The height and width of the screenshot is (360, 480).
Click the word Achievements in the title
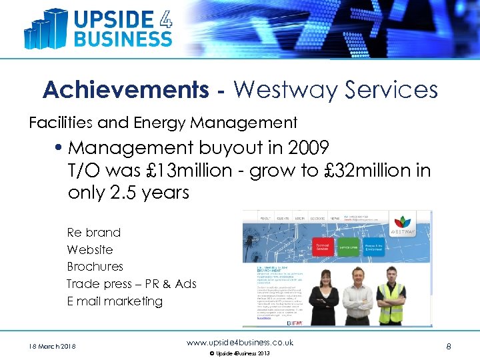tap(125, 89)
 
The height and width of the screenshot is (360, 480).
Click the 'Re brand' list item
tap(94, 233)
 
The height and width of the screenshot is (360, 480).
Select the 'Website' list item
tap(90, 250)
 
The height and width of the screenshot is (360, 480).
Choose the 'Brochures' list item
tap(95, 267)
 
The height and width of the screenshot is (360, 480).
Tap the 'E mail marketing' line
tap(115, 301)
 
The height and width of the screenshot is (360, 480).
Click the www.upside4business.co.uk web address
tap(240, 343)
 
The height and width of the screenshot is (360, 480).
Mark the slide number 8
tap(449, 346)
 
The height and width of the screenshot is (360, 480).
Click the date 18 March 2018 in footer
tap(52, 346)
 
